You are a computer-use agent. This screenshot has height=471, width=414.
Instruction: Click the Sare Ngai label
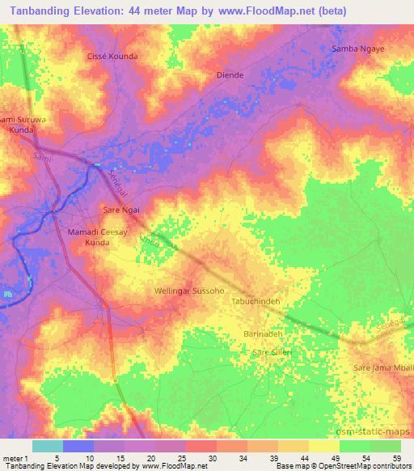(121, 210)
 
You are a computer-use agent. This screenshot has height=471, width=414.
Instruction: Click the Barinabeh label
(263, 333)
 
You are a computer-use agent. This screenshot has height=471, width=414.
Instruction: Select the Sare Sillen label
(272, 353)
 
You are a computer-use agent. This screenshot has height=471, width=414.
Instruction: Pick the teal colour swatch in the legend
(47, 446)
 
